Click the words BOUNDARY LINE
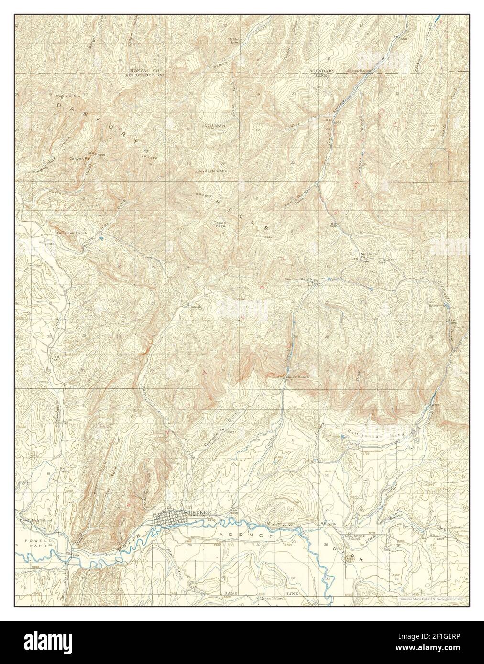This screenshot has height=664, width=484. point(321,73)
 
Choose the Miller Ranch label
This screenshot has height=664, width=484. point(297,377)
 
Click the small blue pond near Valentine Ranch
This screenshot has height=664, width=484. point(101,237)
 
